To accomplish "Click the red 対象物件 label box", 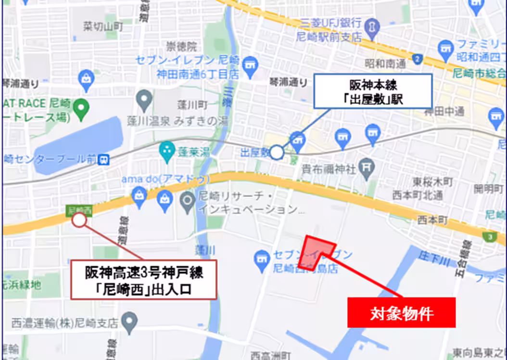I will point(401,313).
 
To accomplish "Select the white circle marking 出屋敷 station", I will point(277,153).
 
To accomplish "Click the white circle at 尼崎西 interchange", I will point(79,220).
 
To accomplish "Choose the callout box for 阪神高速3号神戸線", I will point(144,280).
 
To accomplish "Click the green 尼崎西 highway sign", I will point(79,210).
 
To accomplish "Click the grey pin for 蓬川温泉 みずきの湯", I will point(144,100).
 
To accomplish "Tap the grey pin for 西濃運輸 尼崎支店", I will point(129,320).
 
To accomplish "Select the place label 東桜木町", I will point(433,182).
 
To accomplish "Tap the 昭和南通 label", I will point(385,63).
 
